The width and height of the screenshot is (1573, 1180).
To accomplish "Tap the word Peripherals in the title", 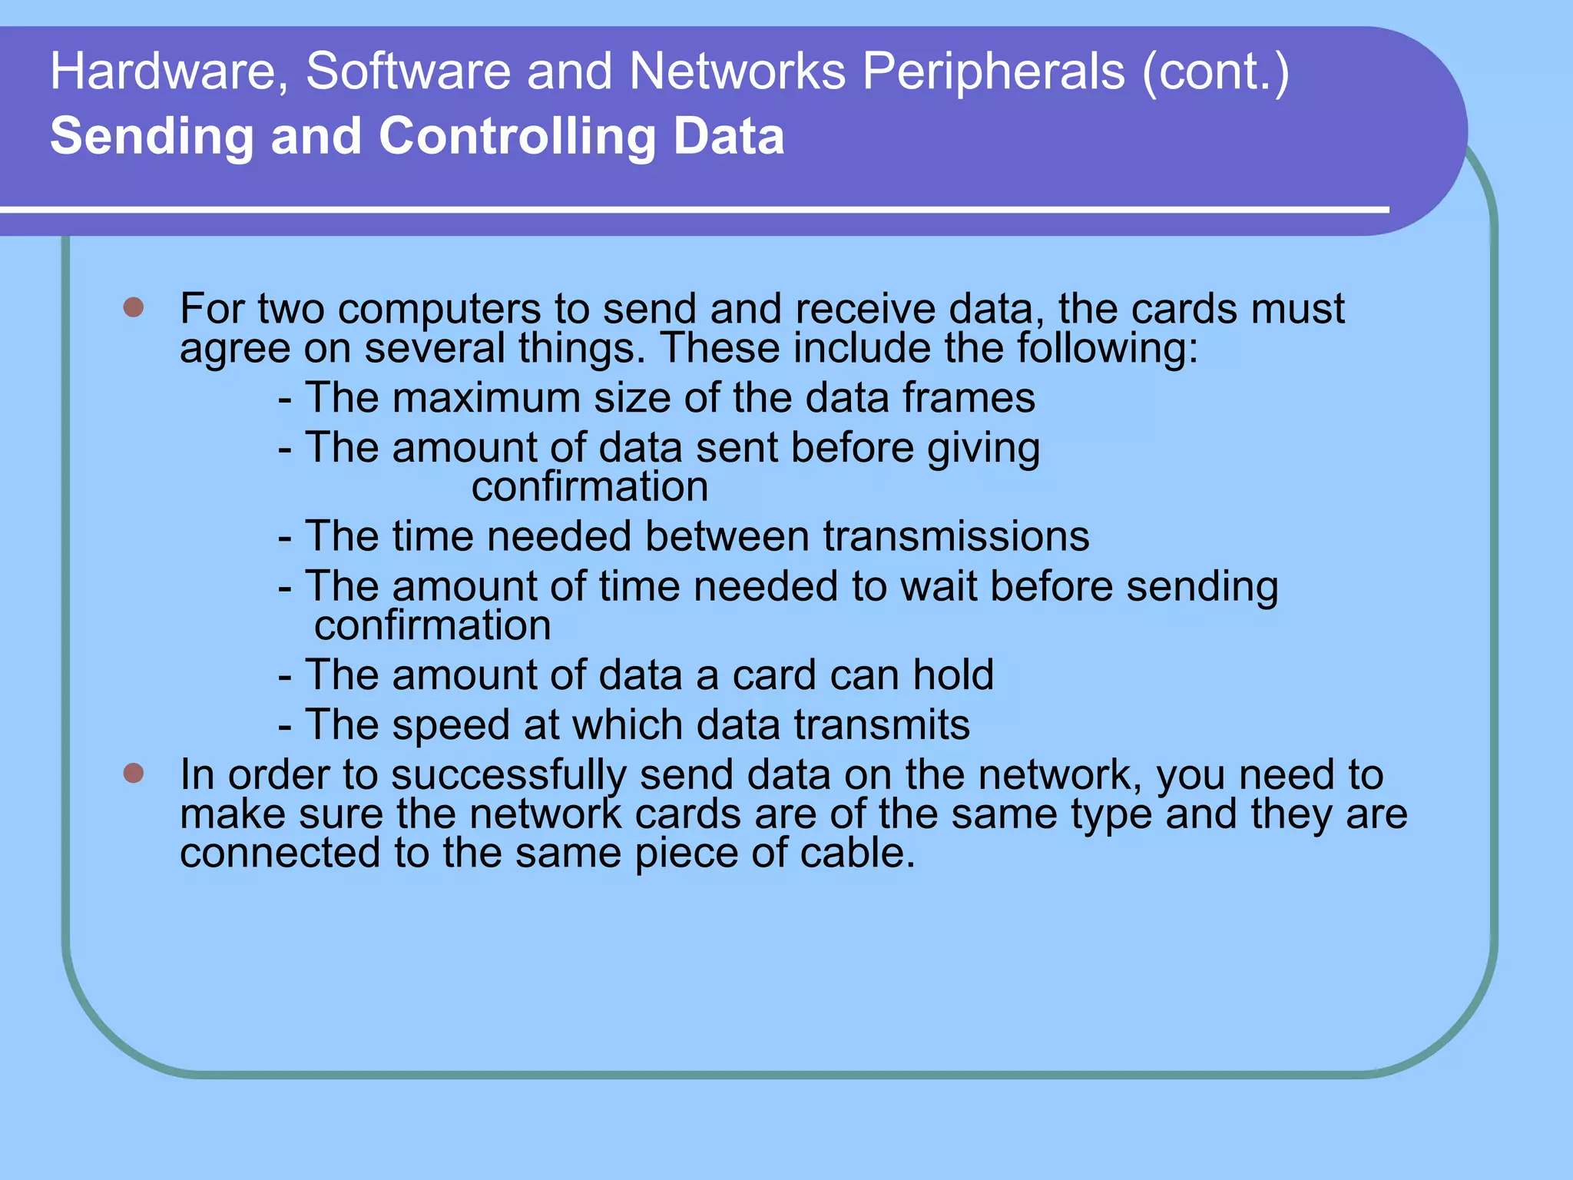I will [993, 71].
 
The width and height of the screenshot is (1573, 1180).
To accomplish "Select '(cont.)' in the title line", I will [1216, 71].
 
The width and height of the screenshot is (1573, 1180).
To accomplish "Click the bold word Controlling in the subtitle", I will [518, 136].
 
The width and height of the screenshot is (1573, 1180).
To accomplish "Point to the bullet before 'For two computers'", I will [134, 308].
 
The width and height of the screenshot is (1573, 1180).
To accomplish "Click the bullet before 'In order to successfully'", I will [134, 773].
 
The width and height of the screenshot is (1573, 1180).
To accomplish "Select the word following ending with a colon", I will [1108, 348].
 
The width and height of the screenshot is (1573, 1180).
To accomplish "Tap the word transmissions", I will [956, 536].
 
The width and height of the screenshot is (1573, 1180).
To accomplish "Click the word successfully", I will [508, 775].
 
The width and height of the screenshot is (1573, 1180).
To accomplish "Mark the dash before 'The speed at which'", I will [285, 726].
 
